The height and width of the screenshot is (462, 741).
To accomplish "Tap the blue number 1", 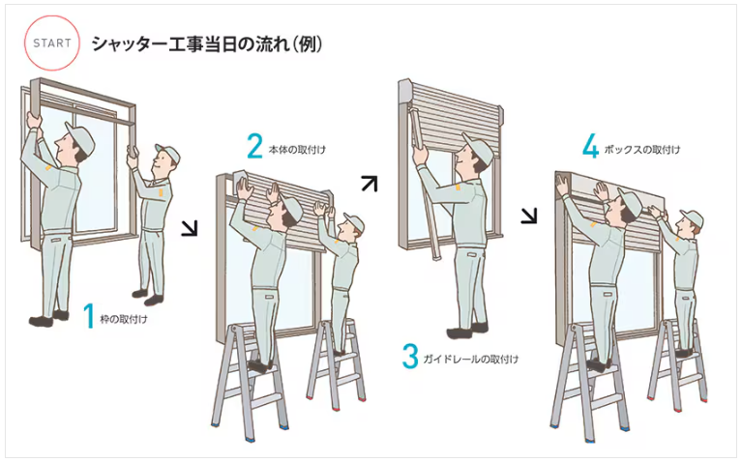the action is click(89, 316).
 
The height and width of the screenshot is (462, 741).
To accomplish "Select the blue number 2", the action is click(254, 146).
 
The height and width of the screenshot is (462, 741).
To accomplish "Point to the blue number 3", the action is click(410, 357).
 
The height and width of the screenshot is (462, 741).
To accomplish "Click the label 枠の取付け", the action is click(124, 320).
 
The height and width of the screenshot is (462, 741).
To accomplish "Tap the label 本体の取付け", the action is click(297, 150).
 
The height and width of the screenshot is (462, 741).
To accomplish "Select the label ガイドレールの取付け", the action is click(471, 360).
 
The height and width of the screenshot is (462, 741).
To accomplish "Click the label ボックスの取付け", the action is click(642, 150).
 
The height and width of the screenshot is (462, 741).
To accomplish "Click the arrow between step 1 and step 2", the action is click(190, 228).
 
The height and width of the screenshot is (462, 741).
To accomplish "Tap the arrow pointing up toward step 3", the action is click(370, 184).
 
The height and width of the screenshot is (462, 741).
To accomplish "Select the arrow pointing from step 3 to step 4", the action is click(529, 216).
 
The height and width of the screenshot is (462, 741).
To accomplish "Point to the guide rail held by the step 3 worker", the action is click(424, 185).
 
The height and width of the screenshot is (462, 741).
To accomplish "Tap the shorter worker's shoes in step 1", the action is click(147, 297).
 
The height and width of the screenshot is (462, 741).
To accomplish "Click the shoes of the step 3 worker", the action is click(467, 330).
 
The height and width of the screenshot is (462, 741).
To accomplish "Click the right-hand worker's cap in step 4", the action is click(693, 218).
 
